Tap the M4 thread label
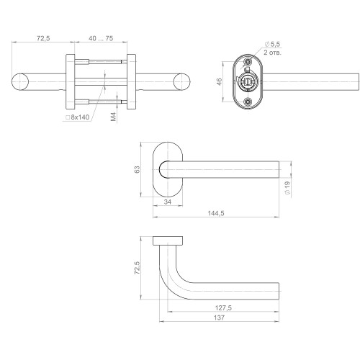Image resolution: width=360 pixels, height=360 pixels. [114, 115]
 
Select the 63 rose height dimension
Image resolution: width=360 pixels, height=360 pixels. [137, 169]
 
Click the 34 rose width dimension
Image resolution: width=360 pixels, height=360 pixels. [167, 203]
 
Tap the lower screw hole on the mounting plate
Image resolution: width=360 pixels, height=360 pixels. [248, 102]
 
